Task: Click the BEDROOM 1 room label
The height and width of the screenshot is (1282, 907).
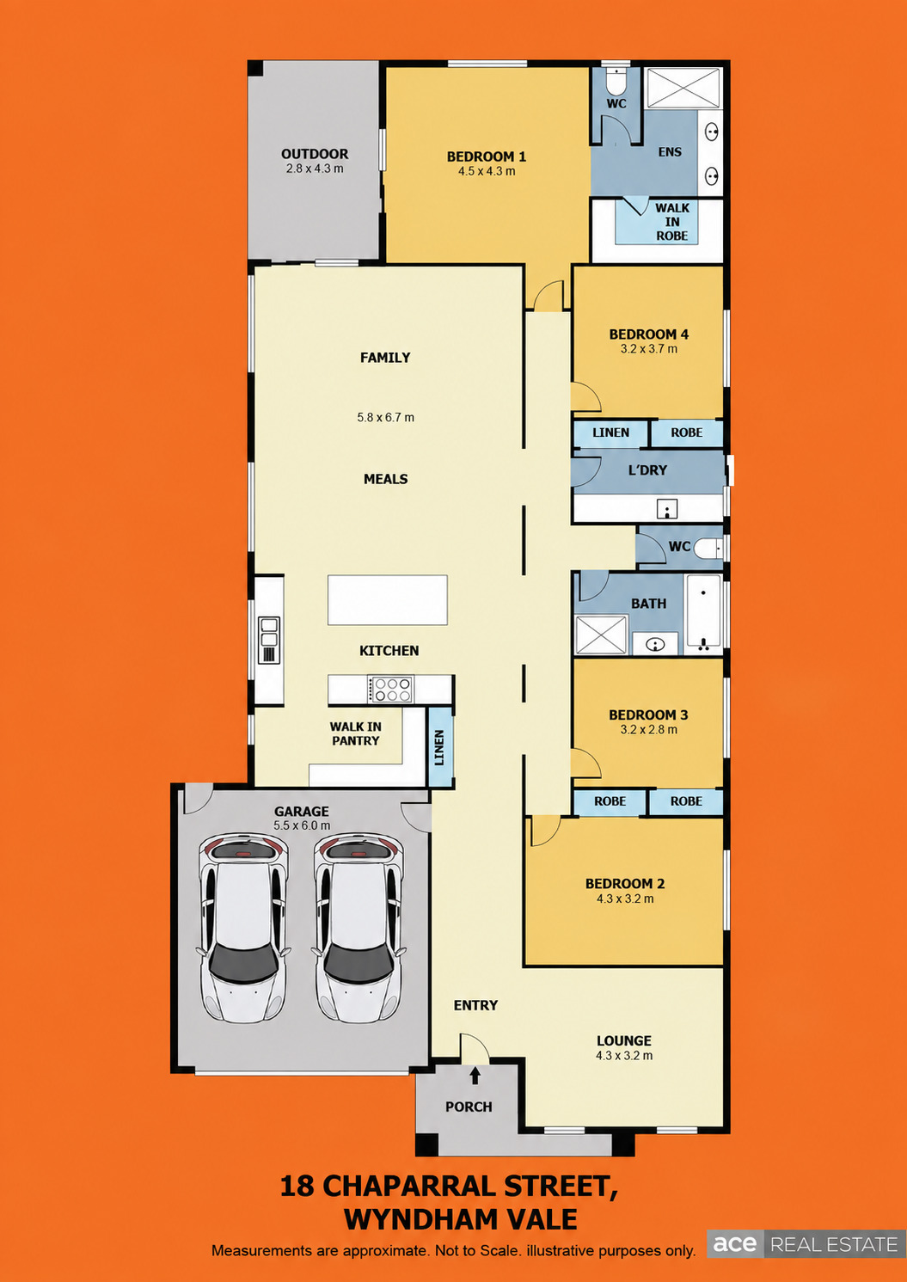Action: pos(486,156)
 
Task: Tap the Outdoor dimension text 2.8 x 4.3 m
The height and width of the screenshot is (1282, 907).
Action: pos(314,169)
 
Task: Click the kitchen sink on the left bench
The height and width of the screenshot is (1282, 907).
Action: pos(268,640)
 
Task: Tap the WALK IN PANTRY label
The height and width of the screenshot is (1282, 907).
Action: pos(355,733)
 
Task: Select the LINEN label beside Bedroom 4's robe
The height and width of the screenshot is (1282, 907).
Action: pos(610,432)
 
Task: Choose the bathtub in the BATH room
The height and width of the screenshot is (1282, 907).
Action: pos(703,614)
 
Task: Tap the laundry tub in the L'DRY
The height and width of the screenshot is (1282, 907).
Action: pos(667,507)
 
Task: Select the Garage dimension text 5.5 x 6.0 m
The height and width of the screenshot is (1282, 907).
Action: pos(302,825)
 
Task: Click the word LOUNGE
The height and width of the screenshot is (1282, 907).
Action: pos(624,1040)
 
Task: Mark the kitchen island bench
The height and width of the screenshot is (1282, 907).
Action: pos(388,600)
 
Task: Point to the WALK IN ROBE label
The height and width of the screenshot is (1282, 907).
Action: pos(671,222)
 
